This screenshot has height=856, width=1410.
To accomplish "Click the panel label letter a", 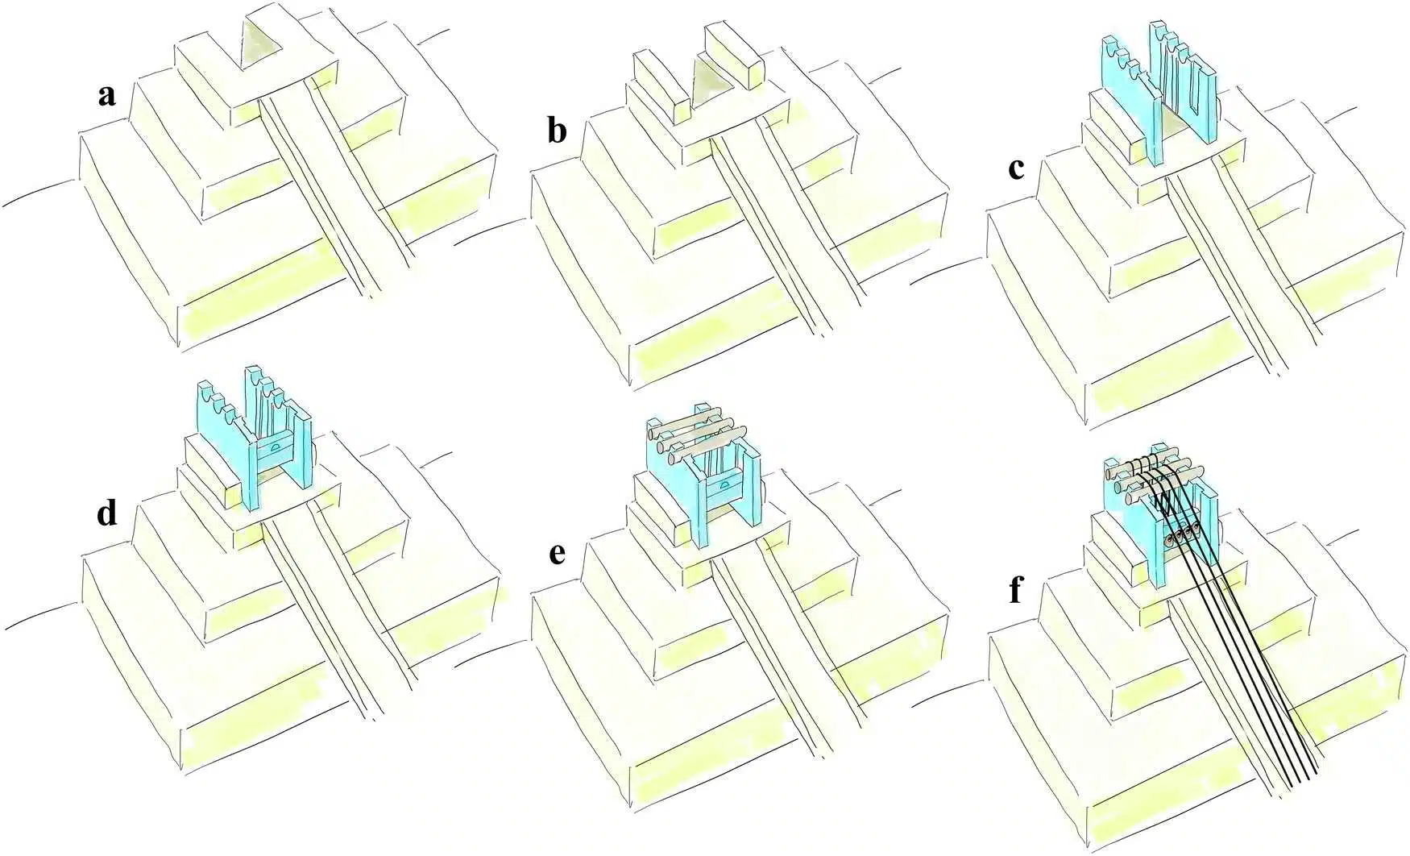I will point(106,97).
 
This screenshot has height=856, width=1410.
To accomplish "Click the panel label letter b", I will point(556,131).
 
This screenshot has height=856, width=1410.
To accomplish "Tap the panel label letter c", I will point(1017,168).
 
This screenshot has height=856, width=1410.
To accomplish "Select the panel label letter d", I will point(106,513).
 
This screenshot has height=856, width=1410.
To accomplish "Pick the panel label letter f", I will point(1015,591).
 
